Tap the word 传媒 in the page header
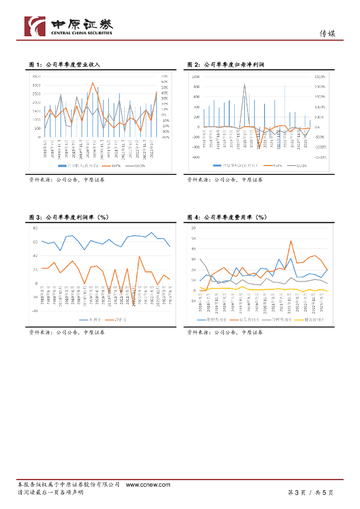[327, 34]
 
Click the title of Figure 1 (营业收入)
[65, 65]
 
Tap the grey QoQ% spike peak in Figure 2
[245, 84]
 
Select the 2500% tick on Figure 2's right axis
[319, 77]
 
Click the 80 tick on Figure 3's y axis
[35, 228]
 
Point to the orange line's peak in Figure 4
[291, 241]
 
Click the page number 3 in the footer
[297, 492]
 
